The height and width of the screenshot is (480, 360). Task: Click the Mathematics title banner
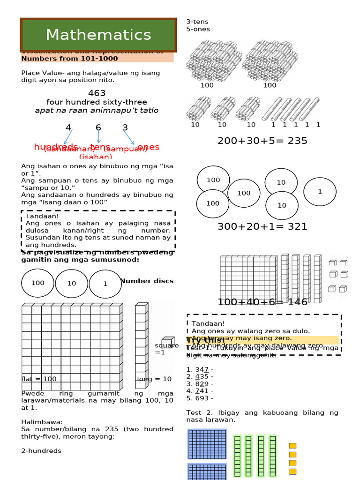(98, 35)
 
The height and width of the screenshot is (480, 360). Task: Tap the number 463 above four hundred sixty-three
(97, 93)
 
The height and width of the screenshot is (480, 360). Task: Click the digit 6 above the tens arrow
(98, 127)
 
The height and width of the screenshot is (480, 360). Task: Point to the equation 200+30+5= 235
(262, 141)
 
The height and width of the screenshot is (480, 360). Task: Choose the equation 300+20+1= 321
(262, 227)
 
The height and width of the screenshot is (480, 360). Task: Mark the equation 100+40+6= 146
(262, 302)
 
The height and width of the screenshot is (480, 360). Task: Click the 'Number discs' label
(147, 281)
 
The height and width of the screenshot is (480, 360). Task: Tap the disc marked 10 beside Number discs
(72, 284)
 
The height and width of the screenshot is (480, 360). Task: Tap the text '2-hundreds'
(41, 450)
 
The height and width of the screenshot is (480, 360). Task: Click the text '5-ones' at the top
(198, 29)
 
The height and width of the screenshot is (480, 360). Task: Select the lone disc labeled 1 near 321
(320, 191)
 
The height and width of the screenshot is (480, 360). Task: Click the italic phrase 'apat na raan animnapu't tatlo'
(97, 111)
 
